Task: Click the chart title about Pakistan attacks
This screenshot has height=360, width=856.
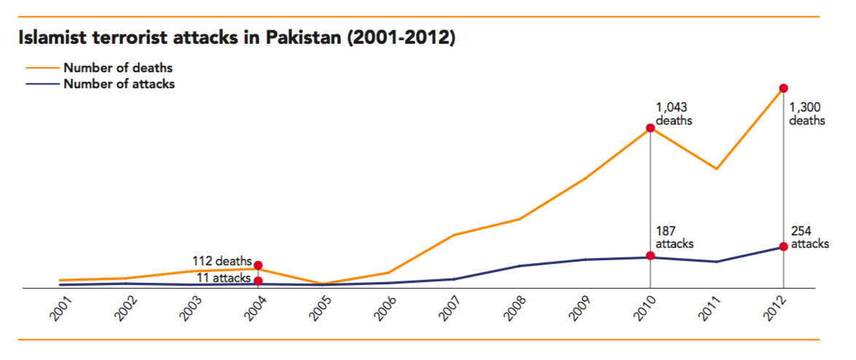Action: (x=237, y=38)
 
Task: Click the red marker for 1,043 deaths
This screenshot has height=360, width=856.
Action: (x=650, y=128)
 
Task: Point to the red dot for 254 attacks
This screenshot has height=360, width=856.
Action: (x=783, y=246)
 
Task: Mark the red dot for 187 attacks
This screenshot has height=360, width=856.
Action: (x=650, y=256)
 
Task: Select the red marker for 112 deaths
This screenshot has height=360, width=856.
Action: (x=258, y=265)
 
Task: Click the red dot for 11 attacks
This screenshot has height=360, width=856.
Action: (x=258, y=281)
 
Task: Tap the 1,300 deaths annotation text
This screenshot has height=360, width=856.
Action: (x=807, y=114)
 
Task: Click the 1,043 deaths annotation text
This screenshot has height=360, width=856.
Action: (x=674, y=114)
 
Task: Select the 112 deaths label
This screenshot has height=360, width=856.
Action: (x=221, y=260)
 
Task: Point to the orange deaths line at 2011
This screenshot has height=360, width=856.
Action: (x=717, y=169)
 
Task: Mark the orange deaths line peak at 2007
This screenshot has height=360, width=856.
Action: (x=453, y=235)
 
